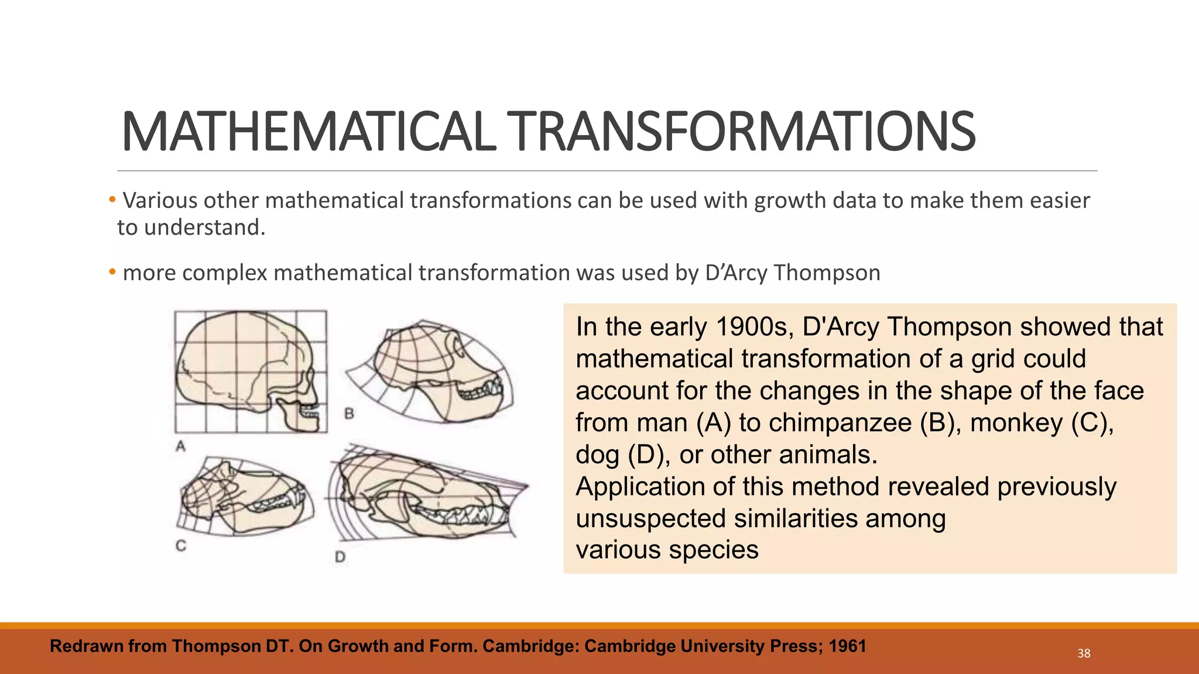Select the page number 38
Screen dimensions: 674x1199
tap(1084, 654)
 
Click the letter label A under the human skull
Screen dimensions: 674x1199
tap(181, 446)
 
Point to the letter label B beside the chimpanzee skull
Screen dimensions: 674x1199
tap(350, 414)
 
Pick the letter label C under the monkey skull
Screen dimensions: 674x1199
tap(181, 545)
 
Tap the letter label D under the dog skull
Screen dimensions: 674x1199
tap(340, 557)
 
